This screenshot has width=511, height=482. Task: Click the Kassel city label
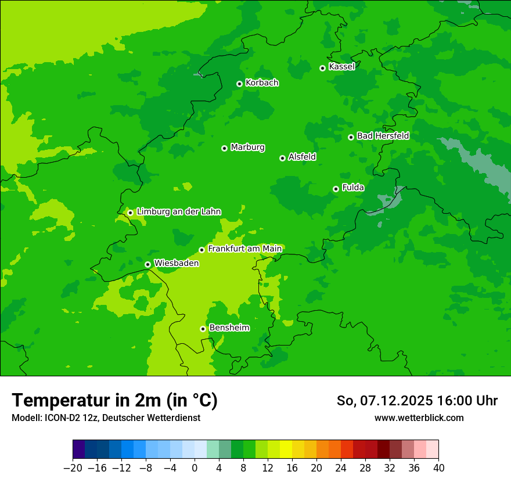tap(341, 67)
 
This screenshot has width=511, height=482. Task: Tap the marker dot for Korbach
tap(239, 84)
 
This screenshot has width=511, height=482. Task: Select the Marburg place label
tap(247, 148)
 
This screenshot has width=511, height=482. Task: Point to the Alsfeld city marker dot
tap(282, 158)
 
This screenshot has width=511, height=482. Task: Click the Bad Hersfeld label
tap(383, 136)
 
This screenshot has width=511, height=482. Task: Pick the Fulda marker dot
tap(336, 189)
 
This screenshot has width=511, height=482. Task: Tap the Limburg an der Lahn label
tap(178, 212)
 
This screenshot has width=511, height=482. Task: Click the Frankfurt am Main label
tap(244, 249)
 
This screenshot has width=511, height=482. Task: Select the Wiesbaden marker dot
tap(147, 264)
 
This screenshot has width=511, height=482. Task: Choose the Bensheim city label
tap(229, 328)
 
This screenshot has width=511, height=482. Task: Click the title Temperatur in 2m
tap(114, 401)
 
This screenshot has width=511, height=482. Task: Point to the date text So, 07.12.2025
tap(384, 401)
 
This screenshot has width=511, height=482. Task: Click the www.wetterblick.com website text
tap(419, 418)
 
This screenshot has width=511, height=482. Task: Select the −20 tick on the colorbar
tap(73, 468)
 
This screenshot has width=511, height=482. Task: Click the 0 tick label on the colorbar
tap(195, 468)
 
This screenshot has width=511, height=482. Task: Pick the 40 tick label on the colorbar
tap(438, 468)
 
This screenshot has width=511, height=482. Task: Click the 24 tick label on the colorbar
tap(341, 468)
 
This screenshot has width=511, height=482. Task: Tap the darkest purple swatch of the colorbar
tap(78, 449)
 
